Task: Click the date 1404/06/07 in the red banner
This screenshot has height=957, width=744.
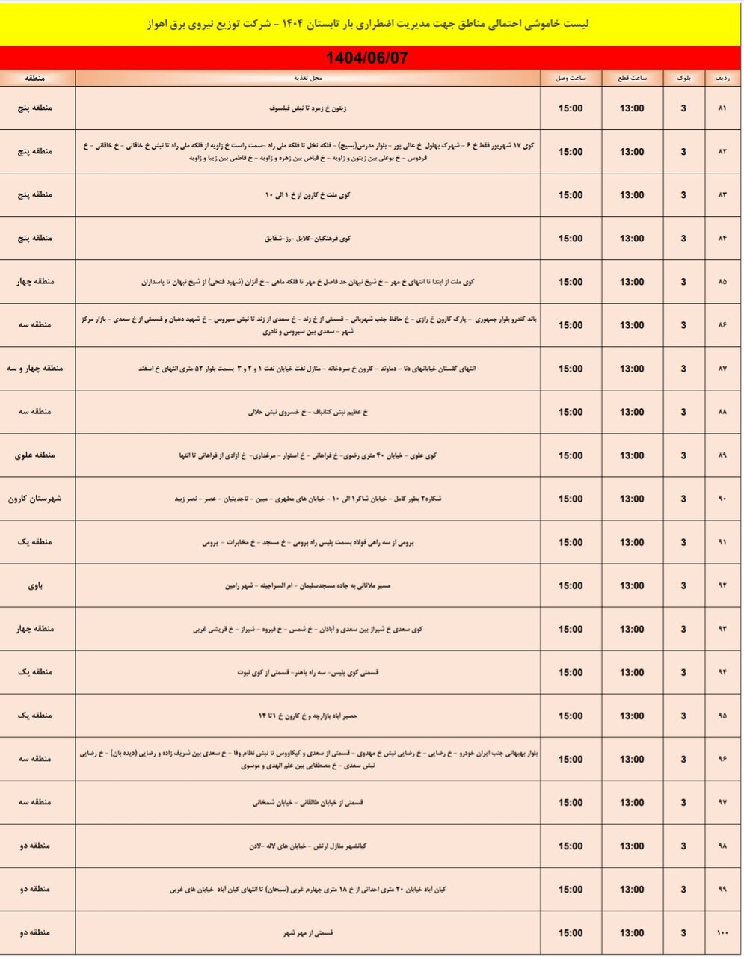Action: pos(367,58)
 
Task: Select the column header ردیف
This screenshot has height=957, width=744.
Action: pos(723,78)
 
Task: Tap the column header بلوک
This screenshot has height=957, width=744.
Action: pos(683,78)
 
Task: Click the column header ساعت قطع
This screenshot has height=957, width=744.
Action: pos(632,78)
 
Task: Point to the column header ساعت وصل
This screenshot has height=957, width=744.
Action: pos(571,78)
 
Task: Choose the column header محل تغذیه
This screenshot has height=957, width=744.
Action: pos(307,78)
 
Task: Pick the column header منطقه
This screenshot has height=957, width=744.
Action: pos(36,78)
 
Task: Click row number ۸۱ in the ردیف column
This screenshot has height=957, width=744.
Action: pos(722,109)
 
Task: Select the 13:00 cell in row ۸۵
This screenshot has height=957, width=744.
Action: pos(632,282)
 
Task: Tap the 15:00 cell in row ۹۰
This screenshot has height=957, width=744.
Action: pos(571,499)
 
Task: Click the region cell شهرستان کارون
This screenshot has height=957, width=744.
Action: pos(36,498)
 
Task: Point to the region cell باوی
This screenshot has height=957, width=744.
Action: pos(36,585)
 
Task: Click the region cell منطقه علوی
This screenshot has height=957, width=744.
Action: pos(36,455)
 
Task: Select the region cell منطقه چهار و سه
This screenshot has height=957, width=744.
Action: pos(36,368)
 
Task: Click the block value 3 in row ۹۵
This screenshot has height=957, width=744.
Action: pos(683,716)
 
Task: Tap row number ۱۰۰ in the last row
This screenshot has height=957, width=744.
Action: pos(722,933)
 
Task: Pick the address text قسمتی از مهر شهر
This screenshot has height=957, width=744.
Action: pos(308,933)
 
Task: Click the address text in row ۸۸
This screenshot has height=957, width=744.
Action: pos(308,412)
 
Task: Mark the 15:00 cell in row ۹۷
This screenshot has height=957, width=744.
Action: pos(571,802)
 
